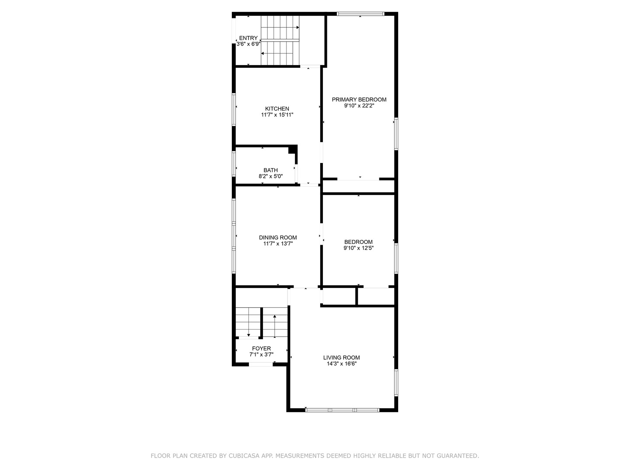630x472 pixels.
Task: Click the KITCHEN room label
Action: (x=277, y=109)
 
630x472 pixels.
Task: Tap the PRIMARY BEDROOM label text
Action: (x=359, y=100)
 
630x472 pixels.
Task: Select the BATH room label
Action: (x=270, y=170)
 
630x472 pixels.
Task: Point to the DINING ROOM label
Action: (x=278, y=238)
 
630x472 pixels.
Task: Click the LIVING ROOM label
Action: (x=341, y=357)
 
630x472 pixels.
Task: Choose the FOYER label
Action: (x=261, y=348)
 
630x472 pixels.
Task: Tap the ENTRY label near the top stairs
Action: (x=248, y=38)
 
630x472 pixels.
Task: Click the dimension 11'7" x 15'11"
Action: (x=277, y=115)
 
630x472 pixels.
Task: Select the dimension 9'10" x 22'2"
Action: (x=359, y=106)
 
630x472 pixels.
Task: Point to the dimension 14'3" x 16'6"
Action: (x=341, y=364)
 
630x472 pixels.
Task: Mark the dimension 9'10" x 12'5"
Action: (x=358, y=248)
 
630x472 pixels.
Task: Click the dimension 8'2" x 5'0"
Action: (x=270, y=177)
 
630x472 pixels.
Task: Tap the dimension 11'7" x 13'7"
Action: (x=278, y=244)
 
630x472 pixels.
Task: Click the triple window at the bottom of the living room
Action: (x=342, y=410)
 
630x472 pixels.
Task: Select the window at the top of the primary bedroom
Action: (x=360, y=14)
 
